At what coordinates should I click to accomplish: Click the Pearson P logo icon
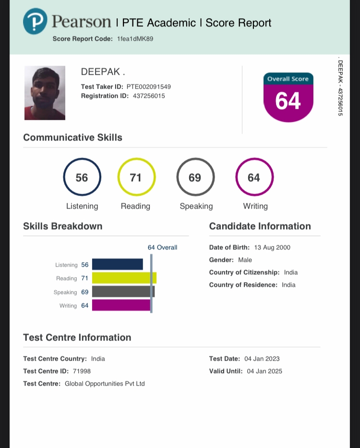[35, 21]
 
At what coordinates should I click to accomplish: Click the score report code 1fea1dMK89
[135, 39]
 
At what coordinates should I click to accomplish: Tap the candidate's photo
[45, 93]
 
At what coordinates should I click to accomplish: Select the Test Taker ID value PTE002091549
[149, 87]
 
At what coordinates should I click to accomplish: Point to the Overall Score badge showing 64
[288, 97]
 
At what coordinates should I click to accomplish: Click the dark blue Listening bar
[118, 264]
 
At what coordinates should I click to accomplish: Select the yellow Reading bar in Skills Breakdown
[124, 278]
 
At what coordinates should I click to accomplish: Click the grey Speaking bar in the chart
[123, 292]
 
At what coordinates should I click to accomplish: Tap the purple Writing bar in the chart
[121, 305]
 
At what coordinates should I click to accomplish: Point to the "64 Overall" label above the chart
[162, 248]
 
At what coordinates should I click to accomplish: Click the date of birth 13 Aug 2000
[272, 248]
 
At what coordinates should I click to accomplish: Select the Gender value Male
[245, 260]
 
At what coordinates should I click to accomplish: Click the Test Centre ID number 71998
[82, 371]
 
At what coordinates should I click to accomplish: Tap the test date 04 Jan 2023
[262, 359]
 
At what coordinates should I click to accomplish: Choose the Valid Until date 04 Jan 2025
[264, 371]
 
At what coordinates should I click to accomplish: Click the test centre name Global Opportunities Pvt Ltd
[105, 384]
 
